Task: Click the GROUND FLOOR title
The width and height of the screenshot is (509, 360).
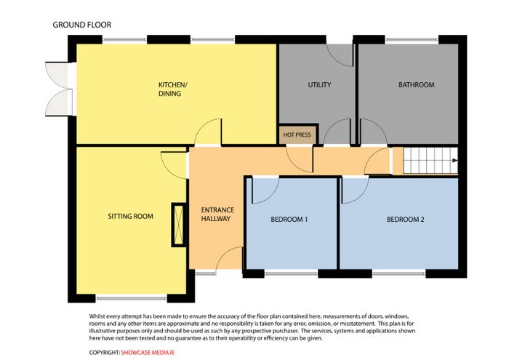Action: tap(81, 25)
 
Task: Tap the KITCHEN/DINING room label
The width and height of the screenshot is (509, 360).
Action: tap(173, 89)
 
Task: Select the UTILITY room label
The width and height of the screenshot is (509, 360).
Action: tap(319, 84)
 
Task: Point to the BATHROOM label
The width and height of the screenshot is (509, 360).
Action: tap(417, 84)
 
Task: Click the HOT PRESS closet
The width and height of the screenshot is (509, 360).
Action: tap(297, 135)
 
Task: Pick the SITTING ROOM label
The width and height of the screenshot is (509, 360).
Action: tap(130, 216)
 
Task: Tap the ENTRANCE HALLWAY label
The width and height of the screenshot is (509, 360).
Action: tap(217, 215)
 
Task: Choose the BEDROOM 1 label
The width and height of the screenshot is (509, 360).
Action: tap(289, 220)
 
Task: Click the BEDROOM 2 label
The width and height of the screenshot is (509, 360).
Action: tap(406, 220)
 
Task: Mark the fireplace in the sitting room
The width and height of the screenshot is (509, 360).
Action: tap(179, 225)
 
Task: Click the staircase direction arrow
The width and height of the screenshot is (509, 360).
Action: tap(454, 160)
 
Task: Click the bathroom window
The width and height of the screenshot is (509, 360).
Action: tap(412, 39)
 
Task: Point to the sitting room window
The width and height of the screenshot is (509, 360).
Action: tap(132, 297)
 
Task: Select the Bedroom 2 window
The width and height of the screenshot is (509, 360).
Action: tap(399, 273)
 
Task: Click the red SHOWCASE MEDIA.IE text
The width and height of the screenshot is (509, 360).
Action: tap(148, 353)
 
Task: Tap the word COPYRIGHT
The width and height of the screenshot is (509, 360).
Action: tap(104, 353)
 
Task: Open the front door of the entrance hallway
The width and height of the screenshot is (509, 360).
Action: tap(229, 258)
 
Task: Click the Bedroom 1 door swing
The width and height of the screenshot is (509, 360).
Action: tap(265, 191)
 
